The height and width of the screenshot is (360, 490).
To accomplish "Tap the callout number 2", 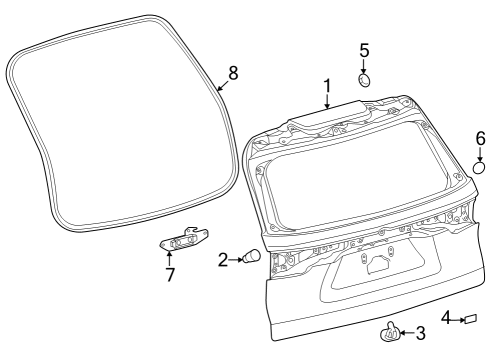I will click(223, 260).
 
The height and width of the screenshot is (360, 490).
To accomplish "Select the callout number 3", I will click(421, 332).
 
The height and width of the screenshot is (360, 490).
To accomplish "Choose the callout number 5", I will click(364, 49).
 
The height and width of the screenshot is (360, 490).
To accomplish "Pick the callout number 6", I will click(480, 137).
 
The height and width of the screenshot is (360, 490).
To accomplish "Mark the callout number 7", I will click(169, 273).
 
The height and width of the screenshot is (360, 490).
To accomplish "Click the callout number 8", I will click(233, 72).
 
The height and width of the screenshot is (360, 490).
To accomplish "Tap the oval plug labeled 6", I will click(479, 168).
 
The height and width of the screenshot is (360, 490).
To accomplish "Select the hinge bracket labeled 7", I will click(184, 239).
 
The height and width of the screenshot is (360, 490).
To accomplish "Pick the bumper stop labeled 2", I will click(253, 258).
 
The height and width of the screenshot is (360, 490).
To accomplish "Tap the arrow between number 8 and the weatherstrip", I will click(224, 83).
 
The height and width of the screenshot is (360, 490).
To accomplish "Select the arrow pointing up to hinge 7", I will click(169, 257).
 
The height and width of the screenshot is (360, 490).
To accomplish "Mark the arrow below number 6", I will click(480, 153).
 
